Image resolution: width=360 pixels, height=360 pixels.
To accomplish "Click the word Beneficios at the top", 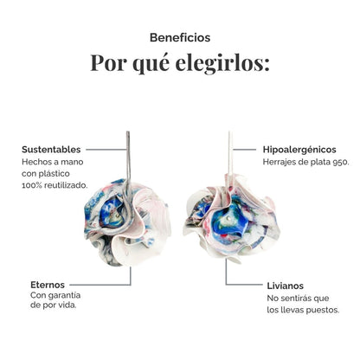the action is [x=180, y=38].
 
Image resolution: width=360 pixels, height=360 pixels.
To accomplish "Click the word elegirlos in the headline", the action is [x=222, y=62].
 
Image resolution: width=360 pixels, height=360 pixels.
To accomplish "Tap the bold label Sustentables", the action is [x=51, y=150].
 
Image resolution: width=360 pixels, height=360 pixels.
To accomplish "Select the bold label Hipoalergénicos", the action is [x=299, y=150].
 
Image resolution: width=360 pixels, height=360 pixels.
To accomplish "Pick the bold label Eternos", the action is [x=48, y=285].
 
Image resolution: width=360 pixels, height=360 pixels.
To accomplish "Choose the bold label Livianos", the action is [x=286, y=286].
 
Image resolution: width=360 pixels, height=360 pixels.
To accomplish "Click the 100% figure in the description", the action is [x=31, y=185].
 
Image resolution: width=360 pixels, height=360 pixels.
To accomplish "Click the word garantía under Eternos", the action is [x=64, y=296].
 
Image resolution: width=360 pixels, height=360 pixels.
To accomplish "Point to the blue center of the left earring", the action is [x=112, y=212].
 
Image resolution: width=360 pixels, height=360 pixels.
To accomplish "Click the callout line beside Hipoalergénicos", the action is [x=244, y=150].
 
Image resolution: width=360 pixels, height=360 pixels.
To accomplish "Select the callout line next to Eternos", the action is [x=100, y=285].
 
